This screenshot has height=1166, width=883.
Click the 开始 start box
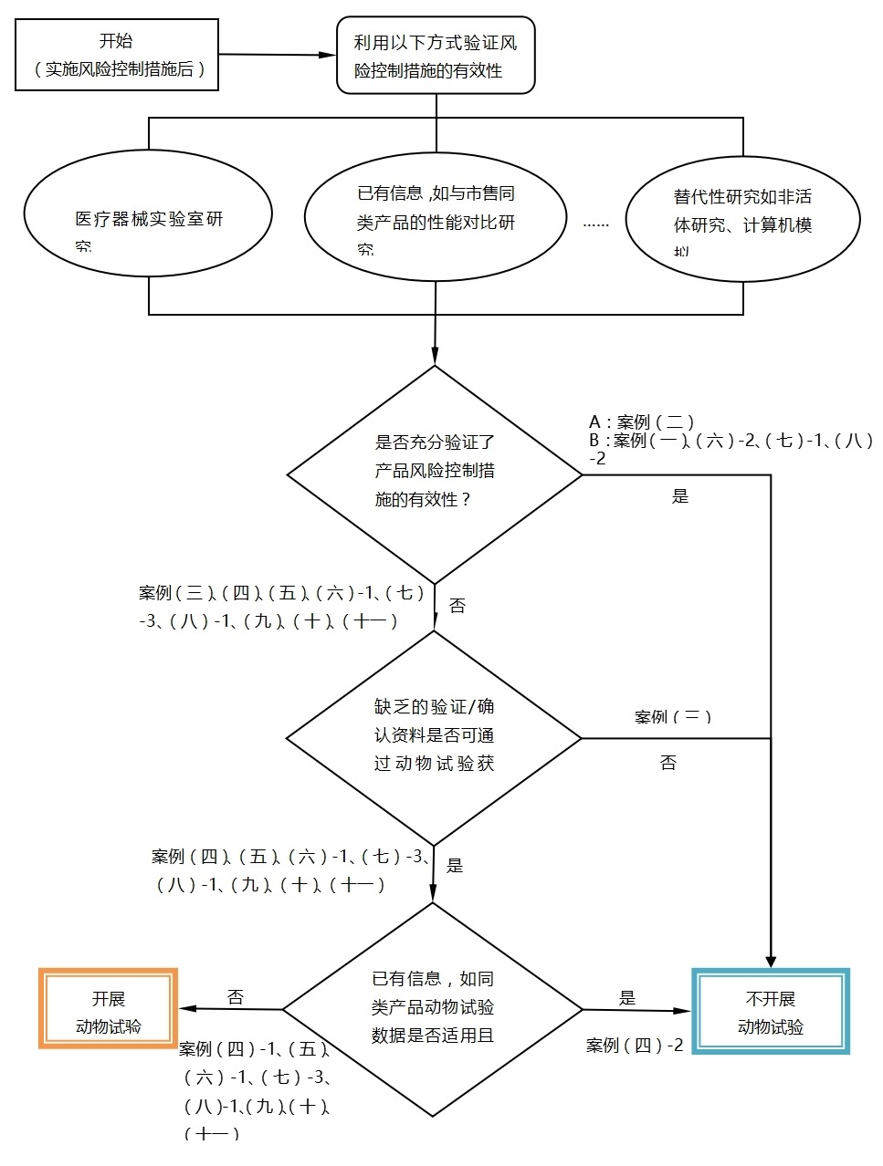point(117,55)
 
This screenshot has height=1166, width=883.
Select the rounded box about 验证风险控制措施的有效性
point(436,56)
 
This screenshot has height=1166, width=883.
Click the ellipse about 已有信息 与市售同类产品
point(436,218)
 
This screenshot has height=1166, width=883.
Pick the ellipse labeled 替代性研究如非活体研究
point(742,219)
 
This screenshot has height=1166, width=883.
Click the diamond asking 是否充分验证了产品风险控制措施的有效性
point(435,473)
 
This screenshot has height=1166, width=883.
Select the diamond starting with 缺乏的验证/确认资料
point(435,737)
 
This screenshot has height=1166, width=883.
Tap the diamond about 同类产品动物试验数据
point(433,1008)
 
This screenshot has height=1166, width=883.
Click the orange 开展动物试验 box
point(109,1009)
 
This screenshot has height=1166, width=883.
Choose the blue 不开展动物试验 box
point(771,1011)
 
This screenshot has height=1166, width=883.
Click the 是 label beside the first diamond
point(680,496)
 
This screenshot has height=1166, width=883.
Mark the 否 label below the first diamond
point(457,606)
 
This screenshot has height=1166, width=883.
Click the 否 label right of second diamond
point(668,763)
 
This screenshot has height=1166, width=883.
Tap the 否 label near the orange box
point(236,996)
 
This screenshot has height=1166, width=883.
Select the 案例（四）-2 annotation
point(635,1046)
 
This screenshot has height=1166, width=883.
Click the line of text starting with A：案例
point(642,422)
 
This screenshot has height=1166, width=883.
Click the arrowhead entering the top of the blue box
point(771,962)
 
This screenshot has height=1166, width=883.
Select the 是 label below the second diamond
point(455,866)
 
